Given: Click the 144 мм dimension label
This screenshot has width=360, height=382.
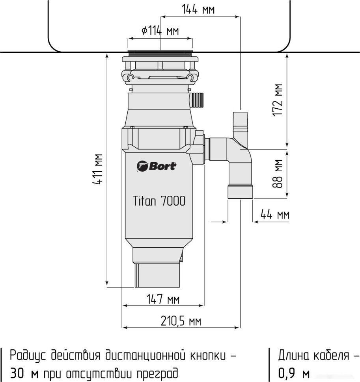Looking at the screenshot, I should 198,9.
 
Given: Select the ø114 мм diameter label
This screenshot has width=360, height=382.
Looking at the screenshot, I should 160,31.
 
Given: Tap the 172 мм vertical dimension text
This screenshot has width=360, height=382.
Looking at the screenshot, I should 279,100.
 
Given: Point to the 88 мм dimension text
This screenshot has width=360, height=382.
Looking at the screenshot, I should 279,173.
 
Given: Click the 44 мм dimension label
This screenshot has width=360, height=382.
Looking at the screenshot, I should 274,215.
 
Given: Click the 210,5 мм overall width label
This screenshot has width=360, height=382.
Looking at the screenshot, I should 181,321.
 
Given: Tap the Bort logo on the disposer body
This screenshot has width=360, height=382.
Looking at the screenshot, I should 157,166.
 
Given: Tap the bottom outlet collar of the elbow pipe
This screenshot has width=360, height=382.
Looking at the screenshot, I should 241,192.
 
